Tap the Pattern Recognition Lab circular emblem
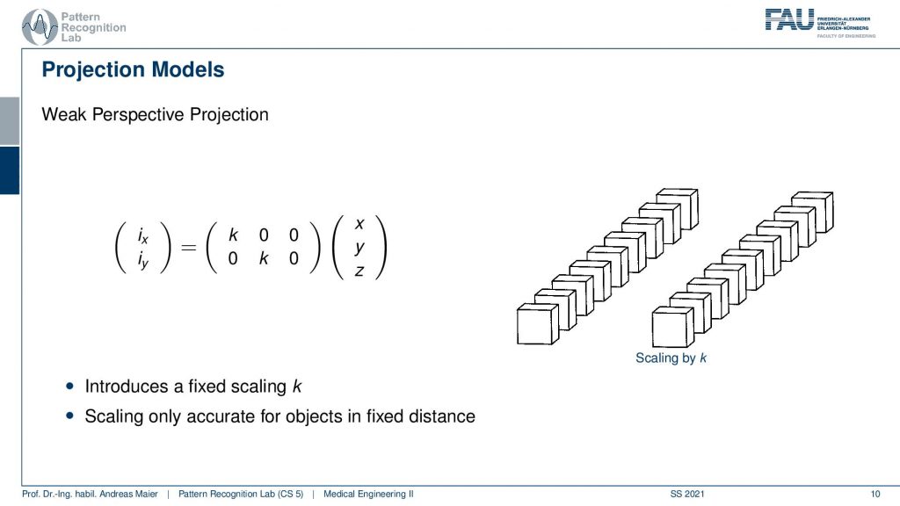click(40, 27)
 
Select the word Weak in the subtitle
click(64, 114)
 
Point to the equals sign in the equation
click(188, 247)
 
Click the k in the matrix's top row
click(233, 235)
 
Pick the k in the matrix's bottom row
click(264, 258)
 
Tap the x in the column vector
click(359, 224)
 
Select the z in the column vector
click(359, 271)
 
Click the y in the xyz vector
click(359, 248)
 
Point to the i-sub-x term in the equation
click(143, 235)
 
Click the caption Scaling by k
click(671, 358)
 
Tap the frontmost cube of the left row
click(538, 324)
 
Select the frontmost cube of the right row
click(673, 327)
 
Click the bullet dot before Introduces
click(70, 387)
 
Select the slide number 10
click(875, 494)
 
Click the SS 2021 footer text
click(687, 494)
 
